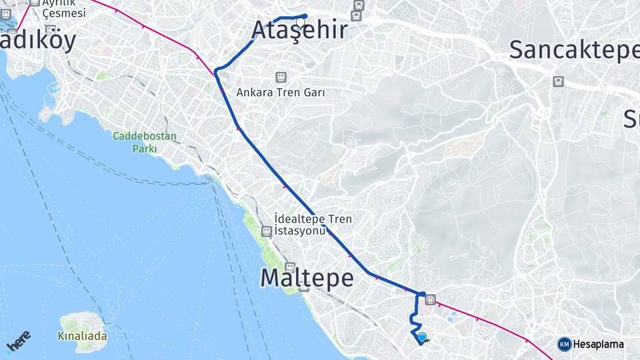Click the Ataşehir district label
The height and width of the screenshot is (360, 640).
coord(299,31)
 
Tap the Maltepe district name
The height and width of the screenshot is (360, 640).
coord(307,278)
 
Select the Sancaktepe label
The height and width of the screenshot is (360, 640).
coord(574,51)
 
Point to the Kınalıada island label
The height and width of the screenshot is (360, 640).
coord(83,336)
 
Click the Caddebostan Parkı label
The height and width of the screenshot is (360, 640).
coord(144,143)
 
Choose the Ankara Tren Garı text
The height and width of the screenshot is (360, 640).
coord(281,93)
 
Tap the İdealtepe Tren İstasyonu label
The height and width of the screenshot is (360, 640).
coord(313,225)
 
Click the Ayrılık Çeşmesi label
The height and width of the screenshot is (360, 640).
coord(64,8)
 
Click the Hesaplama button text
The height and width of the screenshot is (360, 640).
coord(599,345)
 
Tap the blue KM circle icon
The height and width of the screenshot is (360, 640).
coord(564,345)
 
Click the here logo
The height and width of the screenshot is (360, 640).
coord(18,342)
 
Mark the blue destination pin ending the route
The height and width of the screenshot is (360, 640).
coord(421,337)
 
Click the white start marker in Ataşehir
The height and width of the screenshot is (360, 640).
coord(301,22)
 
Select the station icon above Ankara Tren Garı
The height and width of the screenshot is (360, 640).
coord(281,77)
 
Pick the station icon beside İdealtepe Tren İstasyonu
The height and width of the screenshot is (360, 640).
coord(267,231)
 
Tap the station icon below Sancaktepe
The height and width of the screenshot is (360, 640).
coord(558,81)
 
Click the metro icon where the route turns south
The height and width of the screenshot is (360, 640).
coord(431,300)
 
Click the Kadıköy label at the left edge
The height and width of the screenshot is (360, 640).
coord(37,40)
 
